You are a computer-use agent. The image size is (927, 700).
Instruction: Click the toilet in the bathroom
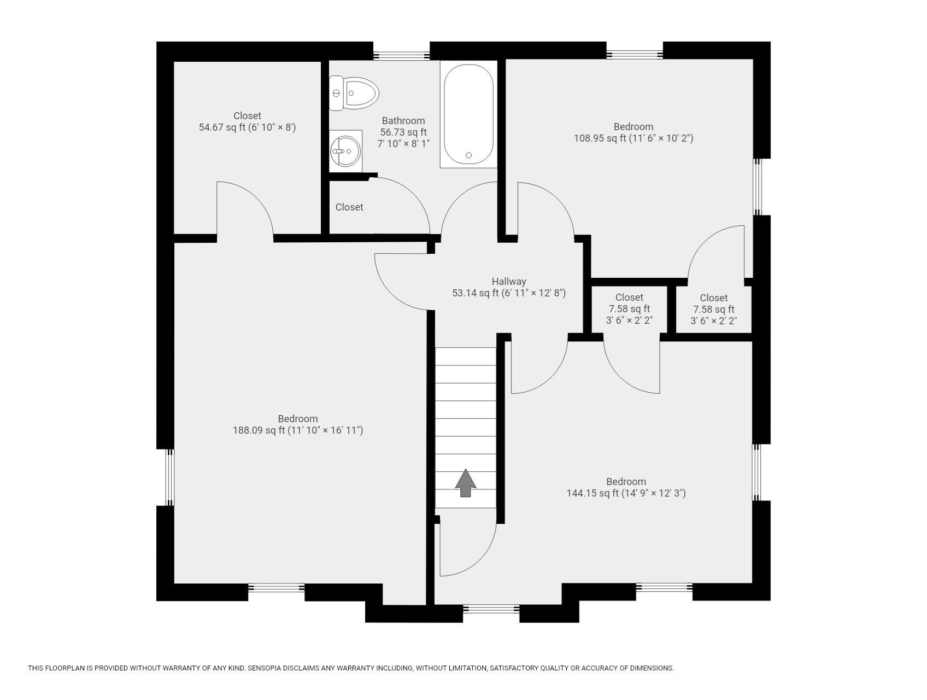click(355, 94)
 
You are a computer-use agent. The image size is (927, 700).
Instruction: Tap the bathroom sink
click(345, 151)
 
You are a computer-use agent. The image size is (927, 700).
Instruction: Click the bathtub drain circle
click(468, 155)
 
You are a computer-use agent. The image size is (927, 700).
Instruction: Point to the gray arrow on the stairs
click(465, 483)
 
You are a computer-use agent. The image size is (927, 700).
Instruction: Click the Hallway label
click(508, 281)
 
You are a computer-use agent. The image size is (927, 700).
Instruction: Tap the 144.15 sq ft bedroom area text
click(592, 493)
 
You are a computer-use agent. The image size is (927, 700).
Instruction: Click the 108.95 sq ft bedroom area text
click(600, 138)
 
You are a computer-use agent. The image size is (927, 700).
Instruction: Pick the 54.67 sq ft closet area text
click(221, 127)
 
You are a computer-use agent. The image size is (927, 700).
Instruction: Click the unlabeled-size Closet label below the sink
click(349, 207)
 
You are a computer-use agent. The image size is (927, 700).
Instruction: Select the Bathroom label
click(403, 121)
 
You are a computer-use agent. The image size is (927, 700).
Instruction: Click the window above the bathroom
click(401, 55)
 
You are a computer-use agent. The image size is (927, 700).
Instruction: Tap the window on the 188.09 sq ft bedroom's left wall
click(169, 477)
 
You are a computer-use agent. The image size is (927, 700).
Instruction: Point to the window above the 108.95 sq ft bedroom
click(634, 54)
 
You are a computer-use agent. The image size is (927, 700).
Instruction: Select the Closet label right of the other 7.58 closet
click(713, 297)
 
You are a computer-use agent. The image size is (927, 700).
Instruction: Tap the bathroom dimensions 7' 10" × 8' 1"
click(403, 144)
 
